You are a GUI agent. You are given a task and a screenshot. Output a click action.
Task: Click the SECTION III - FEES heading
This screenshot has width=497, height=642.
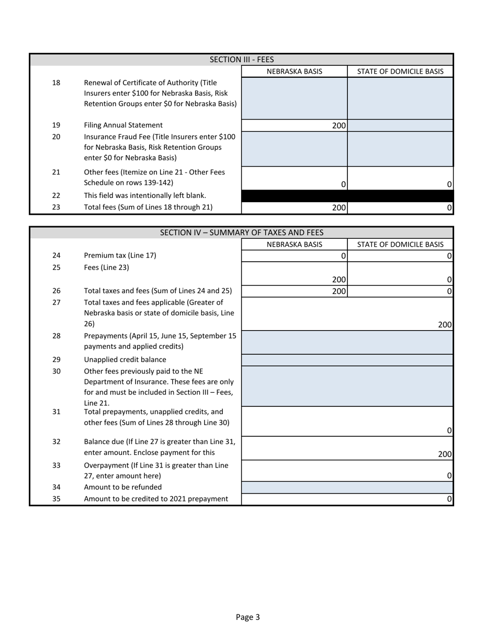[x=242, y=60]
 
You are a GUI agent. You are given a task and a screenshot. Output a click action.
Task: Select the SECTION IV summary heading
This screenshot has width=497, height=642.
[x=242, y=232]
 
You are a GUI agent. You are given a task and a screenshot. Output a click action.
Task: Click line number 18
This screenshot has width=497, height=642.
[x=57, y=83]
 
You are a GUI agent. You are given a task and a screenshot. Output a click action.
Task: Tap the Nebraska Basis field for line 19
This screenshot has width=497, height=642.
[x=295, y=125]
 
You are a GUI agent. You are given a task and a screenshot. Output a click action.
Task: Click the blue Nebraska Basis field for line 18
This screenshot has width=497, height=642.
[x=295, y=98]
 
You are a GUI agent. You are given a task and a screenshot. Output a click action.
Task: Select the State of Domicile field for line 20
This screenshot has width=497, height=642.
[x=400, y=149]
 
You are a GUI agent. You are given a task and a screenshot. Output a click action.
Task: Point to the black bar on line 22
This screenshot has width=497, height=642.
[x=347, y=196]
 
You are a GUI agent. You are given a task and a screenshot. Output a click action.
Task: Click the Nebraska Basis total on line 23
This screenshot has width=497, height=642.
[x=295, y=207]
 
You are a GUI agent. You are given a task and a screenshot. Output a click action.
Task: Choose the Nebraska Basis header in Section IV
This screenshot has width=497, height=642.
[x=295, y=244]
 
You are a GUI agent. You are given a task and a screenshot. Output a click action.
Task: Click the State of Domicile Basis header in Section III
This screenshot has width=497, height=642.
[x=400, y=72]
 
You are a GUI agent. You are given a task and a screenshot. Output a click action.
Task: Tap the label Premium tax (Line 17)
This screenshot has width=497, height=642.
[x=120, y=255]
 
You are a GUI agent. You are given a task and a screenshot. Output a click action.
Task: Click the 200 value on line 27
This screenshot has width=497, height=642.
[x=445, y=324]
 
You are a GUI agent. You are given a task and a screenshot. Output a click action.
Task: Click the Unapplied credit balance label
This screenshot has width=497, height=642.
[x=125, y=359]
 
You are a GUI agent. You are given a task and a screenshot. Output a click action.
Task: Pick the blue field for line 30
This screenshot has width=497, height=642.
[x=347, y=386]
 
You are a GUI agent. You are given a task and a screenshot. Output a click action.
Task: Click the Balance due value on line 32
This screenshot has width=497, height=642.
[x=445, y=454]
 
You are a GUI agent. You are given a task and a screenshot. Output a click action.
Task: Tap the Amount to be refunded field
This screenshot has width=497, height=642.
[x=347, y=487]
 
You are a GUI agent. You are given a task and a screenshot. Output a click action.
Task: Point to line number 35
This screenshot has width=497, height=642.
[x=57, y=498]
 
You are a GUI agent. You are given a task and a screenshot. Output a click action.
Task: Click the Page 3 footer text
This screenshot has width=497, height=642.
[x=248, y=617]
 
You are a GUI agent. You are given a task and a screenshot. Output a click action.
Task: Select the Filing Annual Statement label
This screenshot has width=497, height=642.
[x=123, y=125]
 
